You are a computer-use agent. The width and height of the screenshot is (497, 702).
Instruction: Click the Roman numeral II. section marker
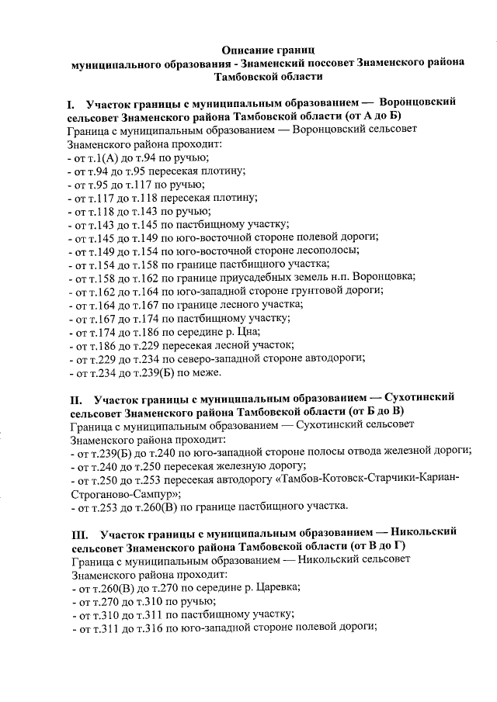tap(76, 397)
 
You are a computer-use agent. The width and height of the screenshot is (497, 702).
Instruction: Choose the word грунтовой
tap(302, 290)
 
